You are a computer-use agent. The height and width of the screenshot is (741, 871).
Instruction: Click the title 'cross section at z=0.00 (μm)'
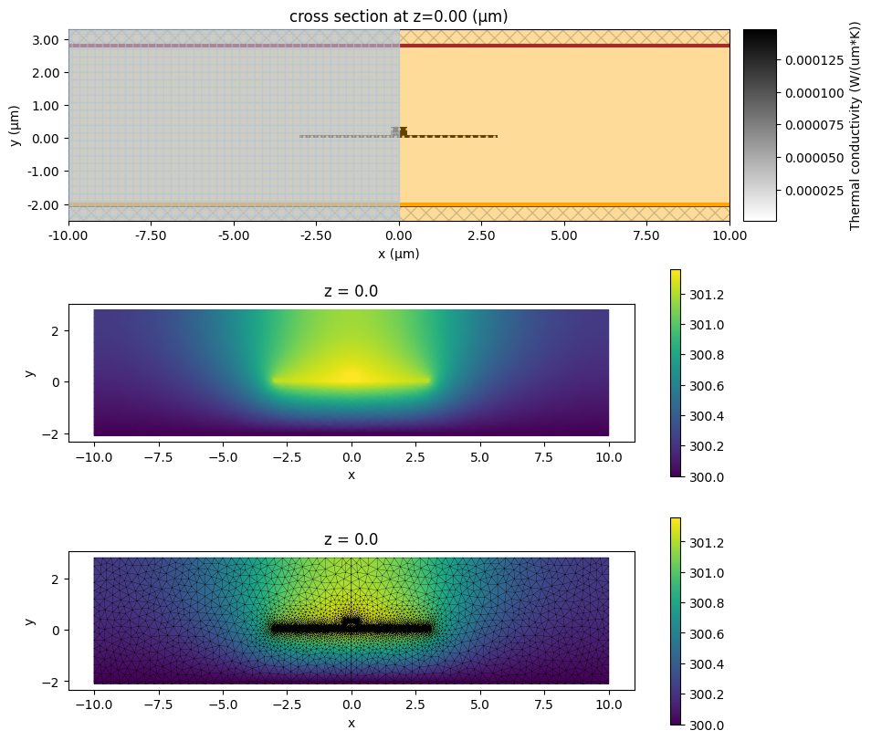pos(398,16)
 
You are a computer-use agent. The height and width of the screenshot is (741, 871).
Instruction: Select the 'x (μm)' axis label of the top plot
pos(398,255)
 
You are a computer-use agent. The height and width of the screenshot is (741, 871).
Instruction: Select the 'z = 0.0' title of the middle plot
pos(351,292)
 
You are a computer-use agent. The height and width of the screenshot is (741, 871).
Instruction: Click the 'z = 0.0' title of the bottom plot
pos(351,540)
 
